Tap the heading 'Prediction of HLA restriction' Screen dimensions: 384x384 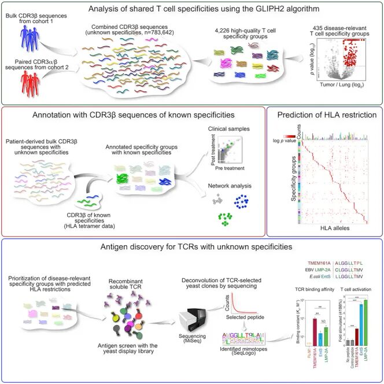click(x=325, y=113)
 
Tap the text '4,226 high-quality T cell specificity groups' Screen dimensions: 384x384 click(x=242, y=32)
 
